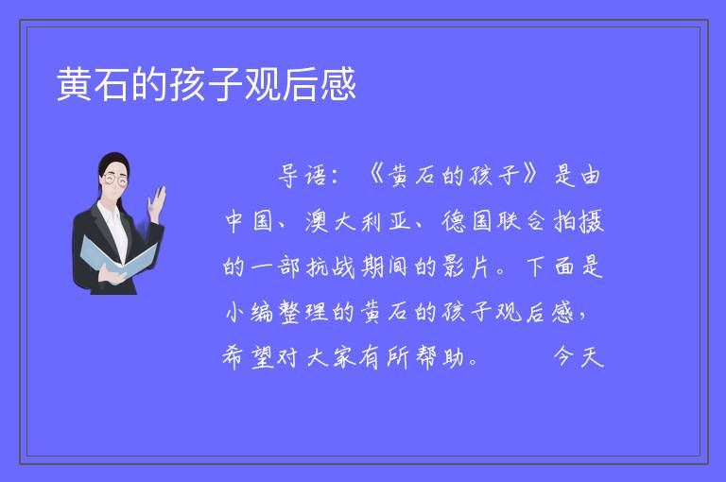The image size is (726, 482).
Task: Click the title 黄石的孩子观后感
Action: pos(206,84)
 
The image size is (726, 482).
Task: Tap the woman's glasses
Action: pos(115,180)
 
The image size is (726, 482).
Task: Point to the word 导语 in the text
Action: pos(302,176)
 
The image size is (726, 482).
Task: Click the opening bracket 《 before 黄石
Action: pos(375,175)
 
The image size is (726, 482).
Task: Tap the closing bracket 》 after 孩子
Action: pos(530,174)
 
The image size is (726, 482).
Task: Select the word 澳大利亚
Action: pos(357,221)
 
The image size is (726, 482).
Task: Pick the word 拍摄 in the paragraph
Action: pos(579,221)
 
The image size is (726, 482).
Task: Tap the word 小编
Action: pos(250,312)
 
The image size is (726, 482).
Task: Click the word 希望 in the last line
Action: pos(249,357)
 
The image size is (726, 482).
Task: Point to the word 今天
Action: pos(579,357)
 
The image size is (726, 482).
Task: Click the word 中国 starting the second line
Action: pos(249,221)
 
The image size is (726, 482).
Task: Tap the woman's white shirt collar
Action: pos(110,213)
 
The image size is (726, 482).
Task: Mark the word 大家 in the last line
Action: pos(332,357)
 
